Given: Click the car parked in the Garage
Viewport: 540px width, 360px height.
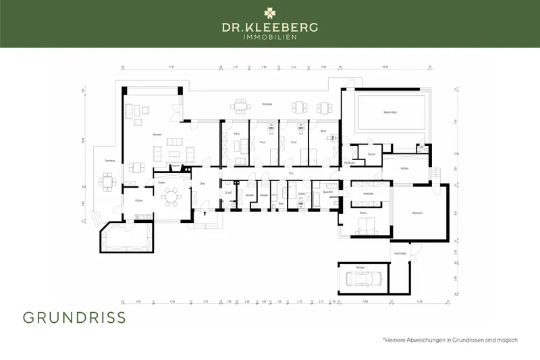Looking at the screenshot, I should [x=363, y=278].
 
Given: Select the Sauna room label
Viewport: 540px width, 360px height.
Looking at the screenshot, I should [x=371, y=154].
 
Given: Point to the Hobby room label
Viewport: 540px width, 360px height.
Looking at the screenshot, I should [x=405, y=168].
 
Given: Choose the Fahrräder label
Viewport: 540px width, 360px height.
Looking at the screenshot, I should [x=400, y=253].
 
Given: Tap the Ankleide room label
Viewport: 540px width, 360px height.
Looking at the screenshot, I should [x=368, y=194].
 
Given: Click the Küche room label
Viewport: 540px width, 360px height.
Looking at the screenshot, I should [x=138, y=201].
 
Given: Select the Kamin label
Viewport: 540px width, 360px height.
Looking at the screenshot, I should [x=175, y=165].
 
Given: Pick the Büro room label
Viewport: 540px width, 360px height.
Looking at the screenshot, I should [x=314, y=130].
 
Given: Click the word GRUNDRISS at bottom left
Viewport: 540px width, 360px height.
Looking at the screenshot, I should [x=74, y=318].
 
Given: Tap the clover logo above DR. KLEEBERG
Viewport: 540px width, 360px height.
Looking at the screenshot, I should [x=270, y=12].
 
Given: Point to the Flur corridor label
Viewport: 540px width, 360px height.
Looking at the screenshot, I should [x=291, y=174].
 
